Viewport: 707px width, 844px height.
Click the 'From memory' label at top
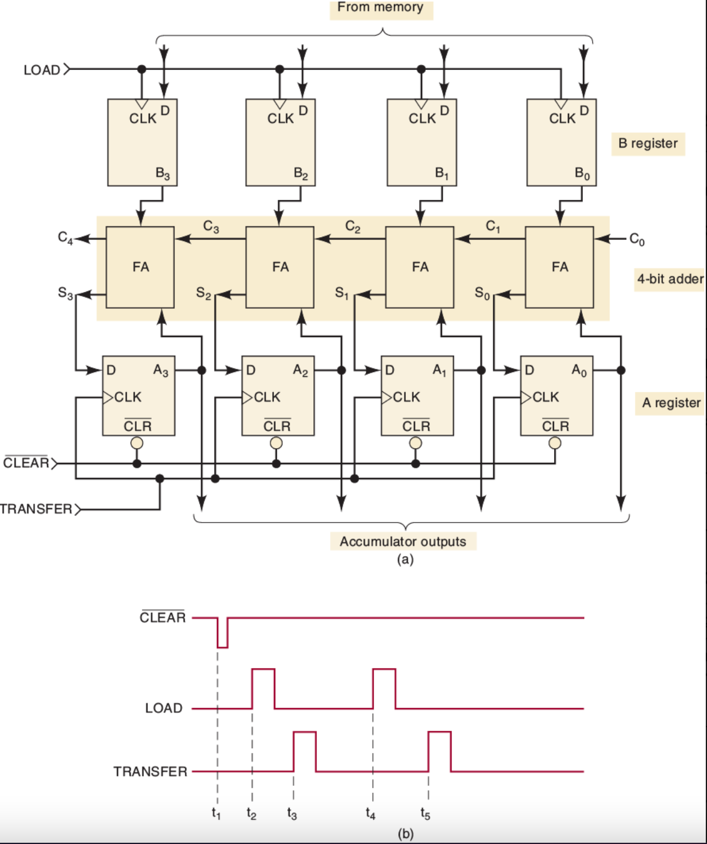381,8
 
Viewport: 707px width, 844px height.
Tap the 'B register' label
647,143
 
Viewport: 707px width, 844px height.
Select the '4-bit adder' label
670,279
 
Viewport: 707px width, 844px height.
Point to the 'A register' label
671,403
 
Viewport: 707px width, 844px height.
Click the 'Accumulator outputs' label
402,541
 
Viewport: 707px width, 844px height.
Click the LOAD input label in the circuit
42,70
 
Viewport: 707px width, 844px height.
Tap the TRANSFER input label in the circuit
36,509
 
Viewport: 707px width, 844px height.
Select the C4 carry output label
65,238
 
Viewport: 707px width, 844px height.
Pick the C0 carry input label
637,240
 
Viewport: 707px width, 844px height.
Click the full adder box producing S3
140,267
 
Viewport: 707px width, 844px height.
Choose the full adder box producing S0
559,267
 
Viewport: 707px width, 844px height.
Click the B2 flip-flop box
280,143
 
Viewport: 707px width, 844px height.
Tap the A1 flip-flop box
417,396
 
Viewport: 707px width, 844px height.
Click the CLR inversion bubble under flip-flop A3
137,443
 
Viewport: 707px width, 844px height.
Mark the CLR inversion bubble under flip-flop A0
555,443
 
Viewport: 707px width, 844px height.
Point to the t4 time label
370,814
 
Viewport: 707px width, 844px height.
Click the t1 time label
216,813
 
